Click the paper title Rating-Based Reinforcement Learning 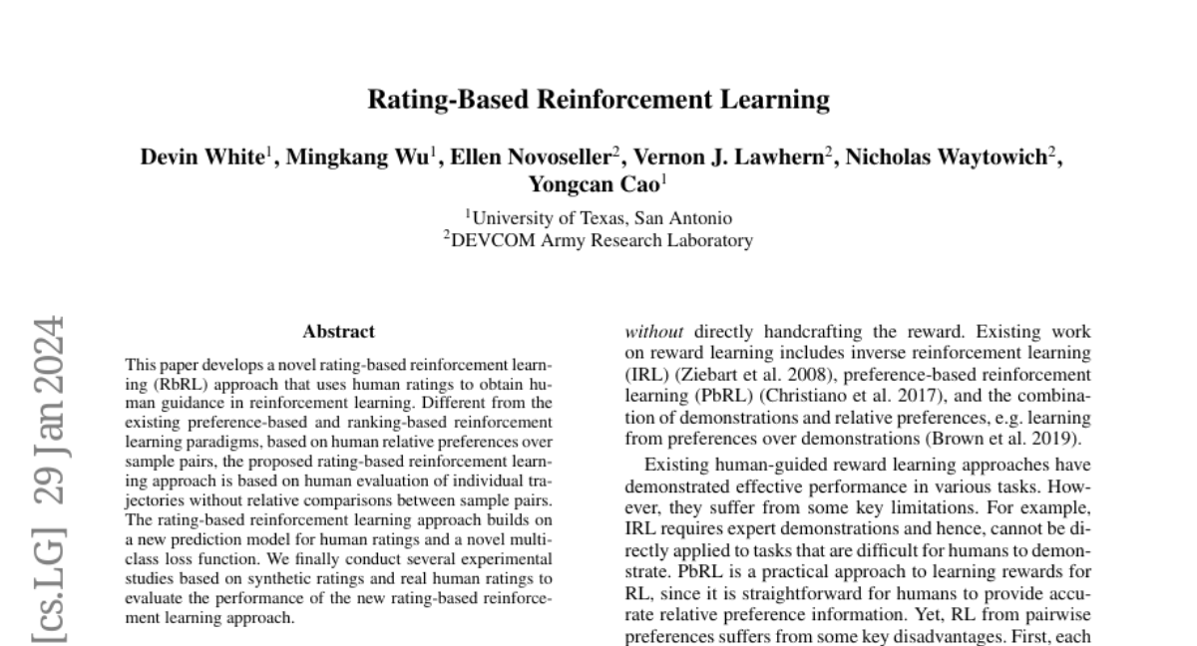[598, 100]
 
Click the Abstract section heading [339, 332]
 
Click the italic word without [654, 332]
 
